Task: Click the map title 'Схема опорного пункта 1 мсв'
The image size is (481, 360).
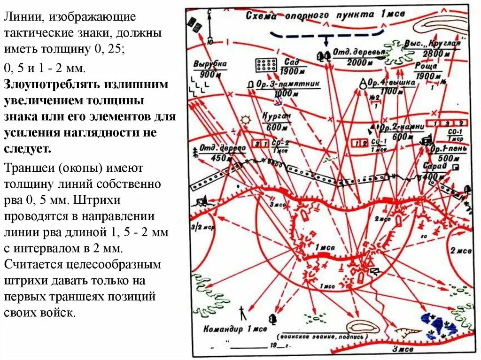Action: (x=324, y=15)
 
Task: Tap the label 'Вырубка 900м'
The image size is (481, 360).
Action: (x=210, y=69)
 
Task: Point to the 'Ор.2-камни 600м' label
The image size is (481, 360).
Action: (x=402, y=131)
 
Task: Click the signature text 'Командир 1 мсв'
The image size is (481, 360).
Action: (x=235, y=329)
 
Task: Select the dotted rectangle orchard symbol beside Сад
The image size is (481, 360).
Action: (x=266, y=65)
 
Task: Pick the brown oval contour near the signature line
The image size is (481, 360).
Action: (x=362, y=327)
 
